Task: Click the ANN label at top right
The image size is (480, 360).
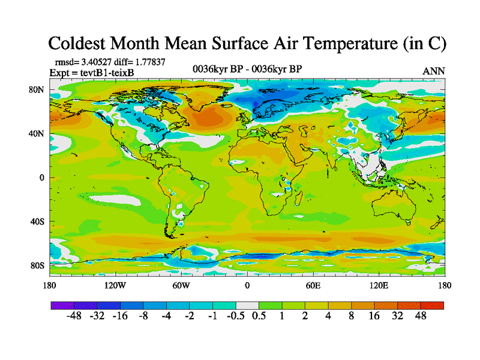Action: [433, 71]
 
